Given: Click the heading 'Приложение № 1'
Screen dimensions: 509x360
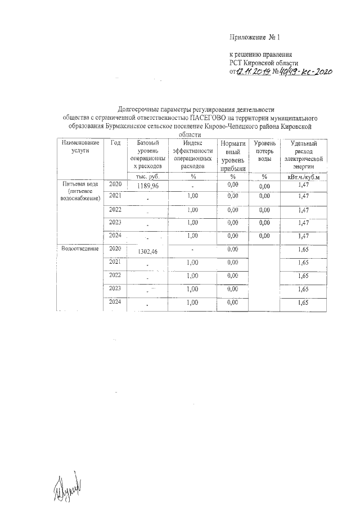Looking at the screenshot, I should point(255,37).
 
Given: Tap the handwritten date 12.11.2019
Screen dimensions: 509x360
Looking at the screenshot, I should point(253,72).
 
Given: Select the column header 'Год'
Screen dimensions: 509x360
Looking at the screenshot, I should point(116,143).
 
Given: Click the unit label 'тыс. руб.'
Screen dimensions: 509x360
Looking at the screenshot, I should point(146,177).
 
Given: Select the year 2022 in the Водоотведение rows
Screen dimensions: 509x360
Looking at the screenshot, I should point(115,274).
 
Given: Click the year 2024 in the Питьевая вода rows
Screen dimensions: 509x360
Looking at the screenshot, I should point(115,235).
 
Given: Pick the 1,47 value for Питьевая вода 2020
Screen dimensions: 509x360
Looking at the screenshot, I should point(304,184).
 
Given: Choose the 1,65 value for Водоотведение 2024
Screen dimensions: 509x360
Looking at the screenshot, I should point(304,303).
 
